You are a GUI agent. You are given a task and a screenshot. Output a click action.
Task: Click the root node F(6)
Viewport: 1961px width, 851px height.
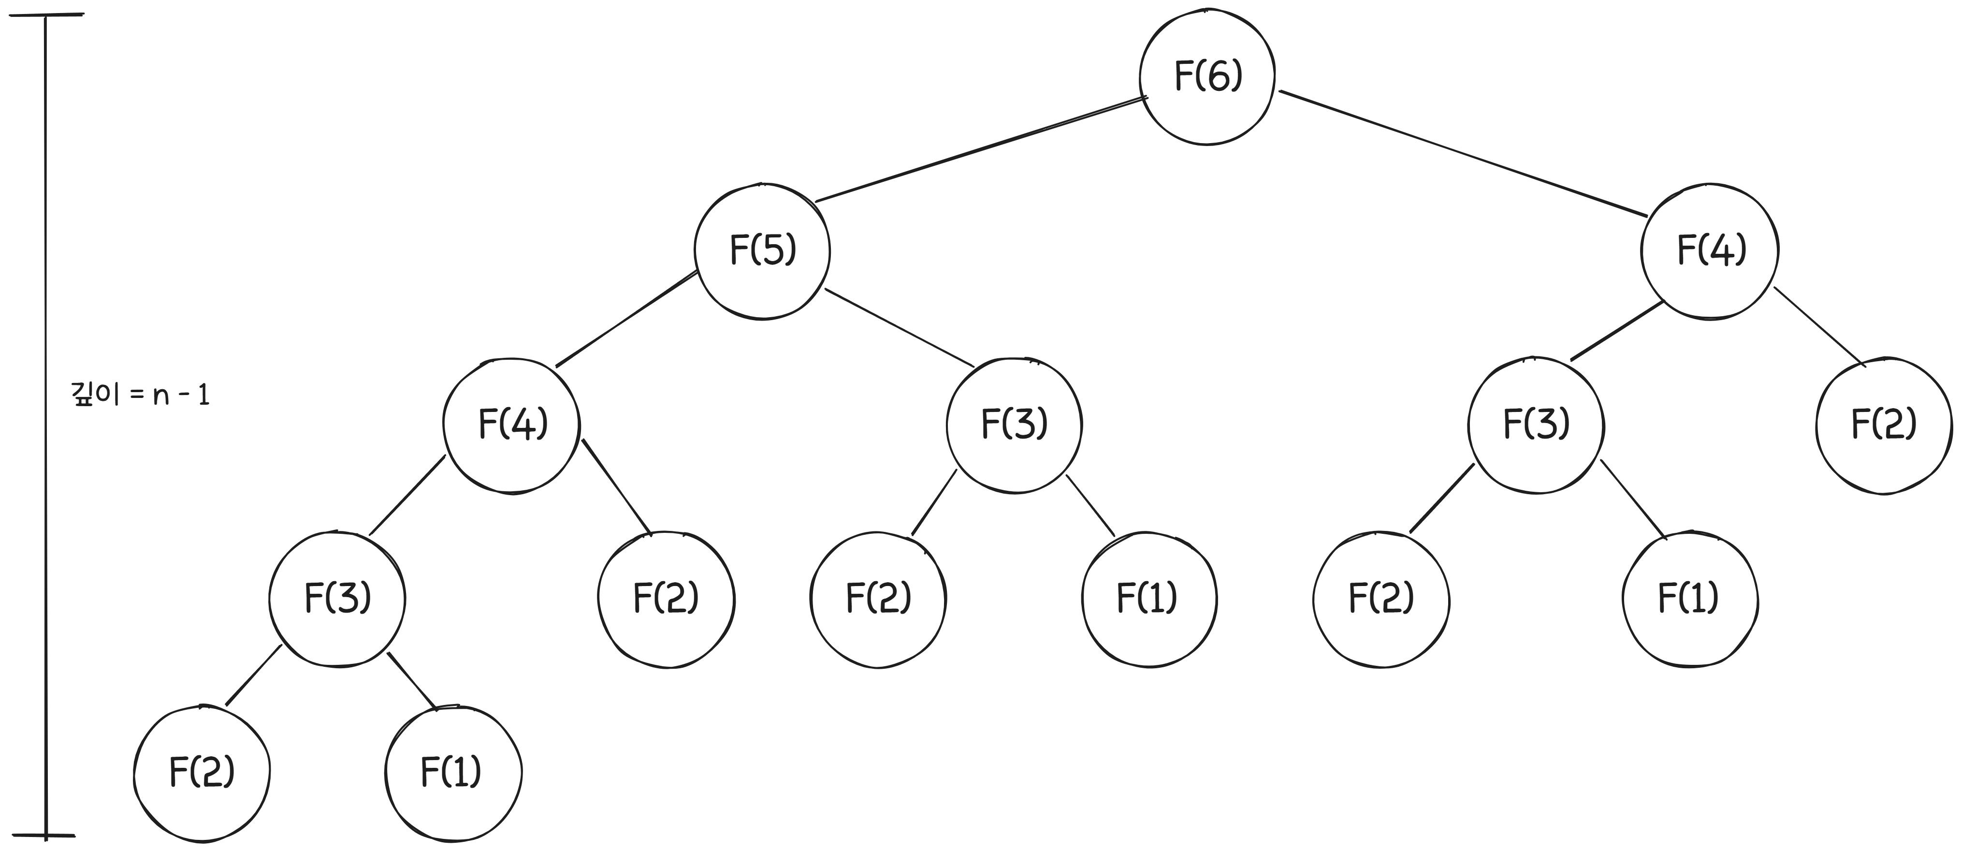pos(1207,77)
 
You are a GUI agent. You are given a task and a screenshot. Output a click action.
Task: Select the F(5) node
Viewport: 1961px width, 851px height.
pos(762,250)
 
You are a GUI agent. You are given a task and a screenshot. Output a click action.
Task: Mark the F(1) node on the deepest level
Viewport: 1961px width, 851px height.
pos(453,773)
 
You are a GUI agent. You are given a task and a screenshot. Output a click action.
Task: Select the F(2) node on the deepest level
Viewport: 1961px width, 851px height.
pos(202,773)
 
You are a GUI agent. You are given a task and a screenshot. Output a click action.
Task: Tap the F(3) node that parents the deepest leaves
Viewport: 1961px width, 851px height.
pos(337,599)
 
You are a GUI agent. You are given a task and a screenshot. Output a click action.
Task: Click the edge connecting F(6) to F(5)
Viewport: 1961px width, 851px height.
pos(981,149)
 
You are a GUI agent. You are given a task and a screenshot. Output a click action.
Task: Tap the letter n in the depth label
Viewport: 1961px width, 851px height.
pos(160,397)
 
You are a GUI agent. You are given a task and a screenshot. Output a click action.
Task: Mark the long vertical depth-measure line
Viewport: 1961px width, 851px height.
pos(45,426)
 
